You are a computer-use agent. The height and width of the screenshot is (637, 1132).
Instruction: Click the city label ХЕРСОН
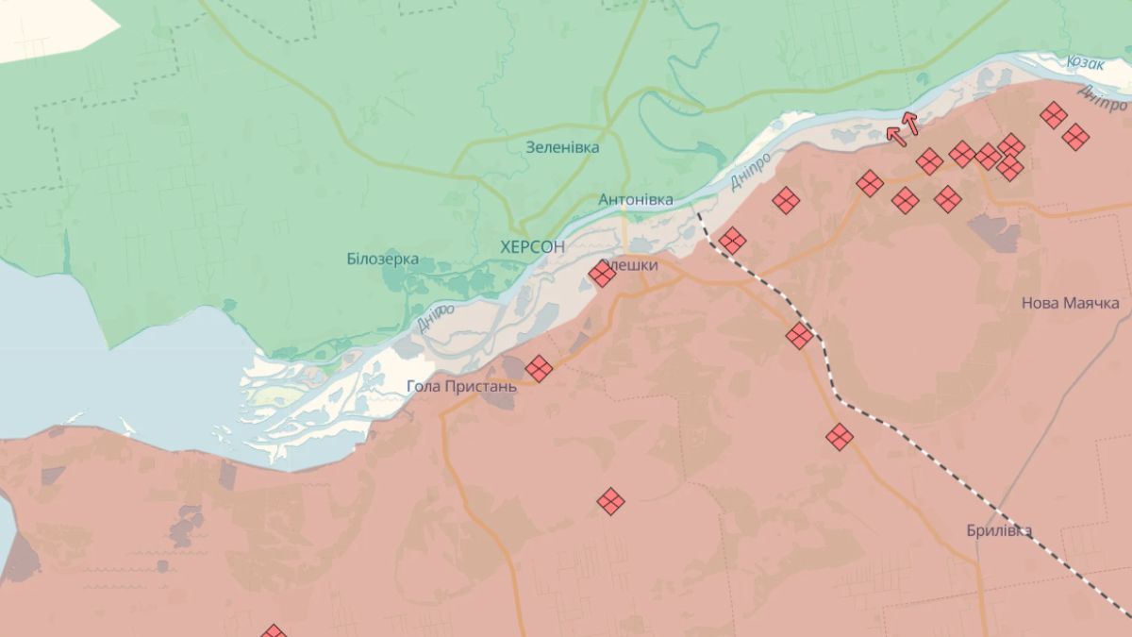(533, 246)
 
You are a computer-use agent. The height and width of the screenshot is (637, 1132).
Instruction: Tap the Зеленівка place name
(562, 147)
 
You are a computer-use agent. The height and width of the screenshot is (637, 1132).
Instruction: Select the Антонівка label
(636, 200)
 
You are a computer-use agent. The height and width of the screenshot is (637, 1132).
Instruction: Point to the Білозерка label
(383, 260)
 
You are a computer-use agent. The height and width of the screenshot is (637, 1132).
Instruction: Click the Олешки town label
(632, 266)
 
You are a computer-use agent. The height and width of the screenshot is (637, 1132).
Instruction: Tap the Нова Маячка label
(1071, 303)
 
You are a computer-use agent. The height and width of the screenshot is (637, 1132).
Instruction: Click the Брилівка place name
(999, 530)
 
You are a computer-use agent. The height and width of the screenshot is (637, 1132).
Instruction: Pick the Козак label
(1086, 62)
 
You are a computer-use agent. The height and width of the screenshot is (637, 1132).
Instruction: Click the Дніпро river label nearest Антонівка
(751, 170)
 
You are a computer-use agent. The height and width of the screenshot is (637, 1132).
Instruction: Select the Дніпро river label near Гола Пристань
(435, 316)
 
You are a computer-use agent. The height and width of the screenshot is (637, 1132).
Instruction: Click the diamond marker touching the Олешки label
(602, 274)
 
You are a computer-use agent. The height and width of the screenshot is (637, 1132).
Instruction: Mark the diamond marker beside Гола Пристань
(539, 368)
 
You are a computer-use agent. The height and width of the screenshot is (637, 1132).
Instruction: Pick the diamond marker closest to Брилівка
(840, 436)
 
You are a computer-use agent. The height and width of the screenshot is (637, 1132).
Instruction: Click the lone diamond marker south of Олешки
(610, 501)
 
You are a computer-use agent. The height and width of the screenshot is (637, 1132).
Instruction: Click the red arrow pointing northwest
(896, 136)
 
